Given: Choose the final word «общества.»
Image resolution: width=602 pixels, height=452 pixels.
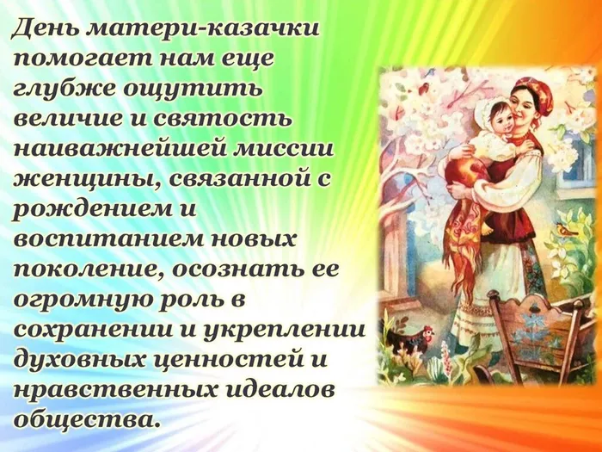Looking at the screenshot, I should pyautogui.click(x=86, y=420).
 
